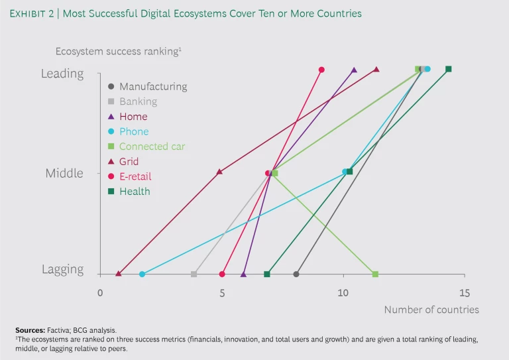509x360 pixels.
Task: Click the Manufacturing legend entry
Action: (153, 86)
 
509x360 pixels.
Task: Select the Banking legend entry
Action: (138, 101)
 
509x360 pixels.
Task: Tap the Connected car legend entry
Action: (152, 147)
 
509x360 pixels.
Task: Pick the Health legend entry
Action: (135, 192)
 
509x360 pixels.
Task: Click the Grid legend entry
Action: (129, 162)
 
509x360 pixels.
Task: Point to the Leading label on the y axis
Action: (62, 74)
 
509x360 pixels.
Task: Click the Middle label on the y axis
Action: (64, 173)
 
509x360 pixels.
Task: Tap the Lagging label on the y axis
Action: (63, 270)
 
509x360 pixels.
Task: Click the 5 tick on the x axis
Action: (222, 293)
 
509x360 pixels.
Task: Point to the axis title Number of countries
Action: (431, 310)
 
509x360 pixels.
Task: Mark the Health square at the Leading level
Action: (449, 69)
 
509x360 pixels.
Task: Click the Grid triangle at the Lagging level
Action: (119, 274)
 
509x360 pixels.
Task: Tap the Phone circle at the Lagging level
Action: (142, 274)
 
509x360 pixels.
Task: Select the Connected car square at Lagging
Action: (375, 274)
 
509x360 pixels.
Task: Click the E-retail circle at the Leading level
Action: (321, 70)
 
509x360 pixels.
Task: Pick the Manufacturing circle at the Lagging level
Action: (296, 274)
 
